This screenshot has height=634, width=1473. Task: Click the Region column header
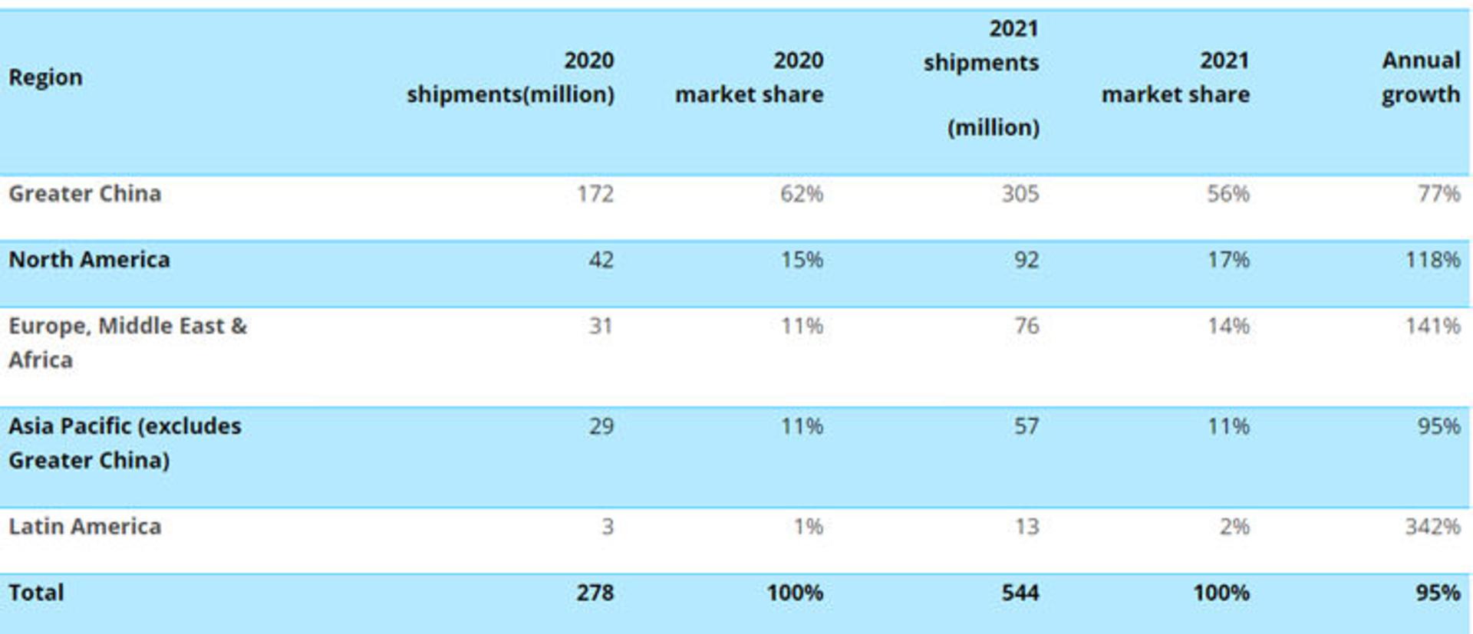45,78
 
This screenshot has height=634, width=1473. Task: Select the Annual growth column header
1421,77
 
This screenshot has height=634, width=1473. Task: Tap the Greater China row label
85,194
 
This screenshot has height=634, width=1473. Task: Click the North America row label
89,260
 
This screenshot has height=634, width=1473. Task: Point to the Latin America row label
85,527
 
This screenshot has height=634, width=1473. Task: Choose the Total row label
36,593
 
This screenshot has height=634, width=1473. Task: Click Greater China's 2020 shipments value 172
595,194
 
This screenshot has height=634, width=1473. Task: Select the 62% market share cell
802,194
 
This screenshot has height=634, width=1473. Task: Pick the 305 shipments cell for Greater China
1020,194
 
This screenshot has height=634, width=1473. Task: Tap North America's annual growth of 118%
1432,260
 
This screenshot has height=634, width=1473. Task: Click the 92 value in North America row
1026,260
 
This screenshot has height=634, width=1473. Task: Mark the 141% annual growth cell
1432,326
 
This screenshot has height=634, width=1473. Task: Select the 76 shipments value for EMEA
1026,326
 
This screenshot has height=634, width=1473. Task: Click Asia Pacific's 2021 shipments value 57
1026,426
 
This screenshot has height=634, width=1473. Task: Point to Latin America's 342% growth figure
1432,527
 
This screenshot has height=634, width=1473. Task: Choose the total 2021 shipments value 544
1020,593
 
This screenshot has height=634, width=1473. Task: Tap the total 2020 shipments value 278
595,593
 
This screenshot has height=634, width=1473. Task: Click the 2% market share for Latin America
1234,527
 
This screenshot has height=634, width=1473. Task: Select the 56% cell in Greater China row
1228,194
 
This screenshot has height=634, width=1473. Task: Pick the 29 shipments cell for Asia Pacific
601,426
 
